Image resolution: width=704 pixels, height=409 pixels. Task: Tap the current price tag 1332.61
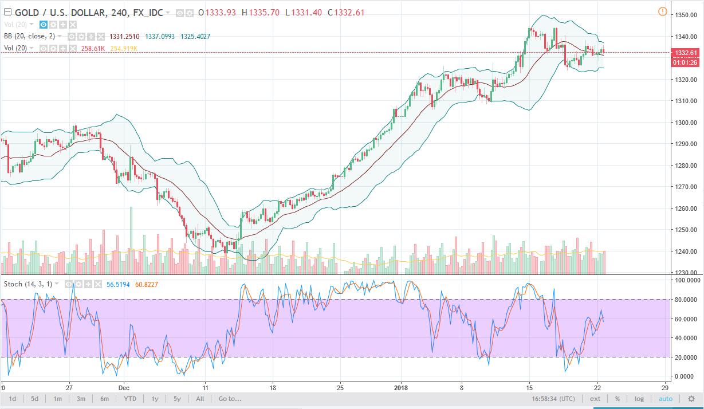point(686,53)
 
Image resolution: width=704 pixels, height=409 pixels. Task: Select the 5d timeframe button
point(35,399)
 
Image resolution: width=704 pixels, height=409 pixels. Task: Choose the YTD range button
point(130,399)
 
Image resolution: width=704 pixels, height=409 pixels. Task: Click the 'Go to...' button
point(230,399)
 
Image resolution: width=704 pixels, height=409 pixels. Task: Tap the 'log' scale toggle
point(639,399)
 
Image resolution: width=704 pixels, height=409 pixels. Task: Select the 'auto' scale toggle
point(665,399)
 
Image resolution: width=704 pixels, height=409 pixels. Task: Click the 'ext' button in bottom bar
point(596,399)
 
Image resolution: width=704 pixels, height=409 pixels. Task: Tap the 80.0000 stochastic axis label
point(686,300)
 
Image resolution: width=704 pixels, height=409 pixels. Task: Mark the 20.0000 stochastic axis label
point(686,357)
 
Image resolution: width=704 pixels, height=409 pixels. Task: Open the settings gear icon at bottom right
point(691,399)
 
